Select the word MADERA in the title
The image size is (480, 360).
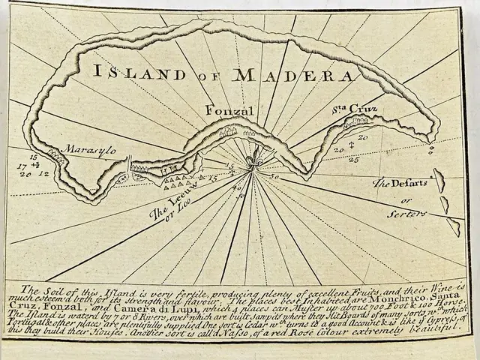294,75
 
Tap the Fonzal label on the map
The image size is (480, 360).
226,112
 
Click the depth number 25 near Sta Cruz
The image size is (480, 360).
354,159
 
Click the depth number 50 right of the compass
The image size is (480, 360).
273,178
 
